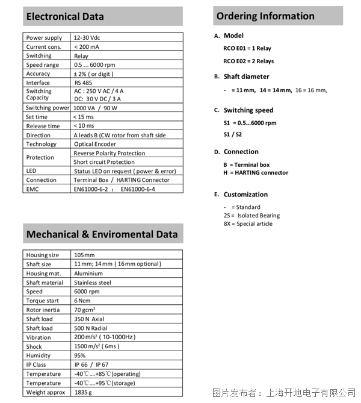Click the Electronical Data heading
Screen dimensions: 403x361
click(x=65, y=16)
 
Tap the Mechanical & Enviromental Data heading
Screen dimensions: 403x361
click(x=102, y=234)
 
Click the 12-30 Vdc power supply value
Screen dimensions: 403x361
click(x=87, y=37)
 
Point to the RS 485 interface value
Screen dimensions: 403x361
click(x=84, y=83)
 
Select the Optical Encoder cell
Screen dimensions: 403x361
click(x=95, y=144)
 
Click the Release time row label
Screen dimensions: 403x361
click(x=43, y=126)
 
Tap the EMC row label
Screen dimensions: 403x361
click(x=32, y=189)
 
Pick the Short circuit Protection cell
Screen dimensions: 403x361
click(x=104, y=162)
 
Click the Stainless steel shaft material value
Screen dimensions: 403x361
click(x=92, y=283)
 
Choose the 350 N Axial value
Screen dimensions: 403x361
click(x=89, y=319)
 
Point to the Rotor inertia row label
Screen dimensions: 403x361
click(x=42, y=310)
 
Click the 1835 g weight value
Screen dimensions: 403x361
click(x=84, y=392)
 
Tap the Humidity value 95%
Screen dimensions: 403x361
click(x=80, y=355)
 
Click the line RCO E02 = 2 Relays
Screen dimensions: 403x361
click(x=248, y=61)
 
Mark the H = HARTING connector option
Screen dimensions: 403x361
click(x=255, y=173)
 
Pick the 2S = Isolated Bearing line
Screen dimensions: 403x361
click(x=251, y=215)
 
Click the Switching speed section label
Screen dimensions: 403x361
click(x=248, y=110)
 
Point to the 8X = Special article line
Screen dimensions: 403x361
click(x=247, y=223)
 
